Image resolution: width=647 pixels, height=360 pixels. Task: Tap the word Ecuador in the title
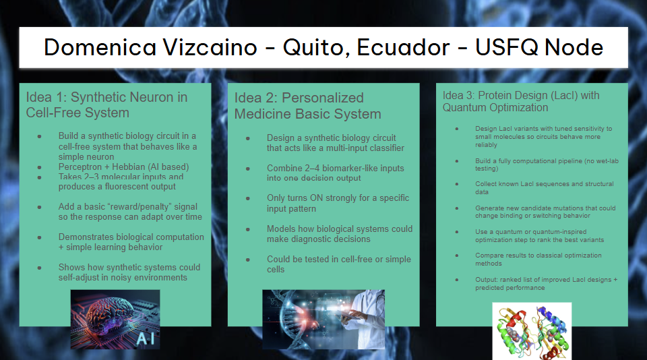coord(403,47)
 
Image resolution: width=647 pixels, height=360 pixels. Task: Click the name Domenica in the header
coord(100,47)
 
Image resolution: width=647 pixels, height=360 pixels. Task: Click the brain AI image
coord(115,319)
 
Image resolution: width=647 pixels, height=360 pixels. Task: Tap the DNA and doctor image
coord(323,319)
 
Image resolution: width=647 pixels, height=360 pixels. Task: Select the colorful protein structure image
coord(532,331)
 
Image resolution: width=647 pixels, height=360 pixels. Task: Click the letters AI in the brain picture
coord(146,339)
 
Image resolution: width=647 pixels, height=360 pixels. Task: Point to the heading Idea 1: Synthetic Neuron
coord(107,105)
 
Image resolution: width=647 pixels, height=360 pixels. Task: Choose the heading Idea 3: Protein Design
coord(521,101)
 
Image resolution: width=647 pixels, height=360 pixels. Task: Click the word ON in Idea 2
coord(317,198)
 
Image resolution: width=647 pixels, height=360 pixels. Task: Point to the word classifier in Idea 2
coord(385,148)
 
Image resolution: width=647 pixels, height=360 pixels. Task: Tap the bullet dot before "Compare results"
coord(457,256)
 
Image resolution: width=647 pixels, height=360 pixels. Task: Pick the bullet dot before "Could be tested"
coord(248,260)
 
